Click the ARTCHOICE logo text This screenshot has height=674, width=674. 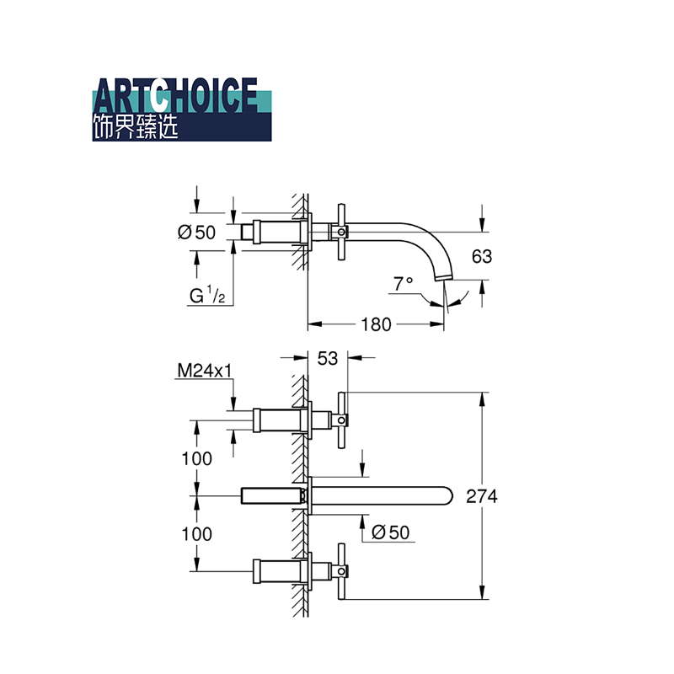pyautogui.click(x=175, y=95)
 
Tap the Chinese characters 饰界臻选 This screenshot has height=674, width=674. pyautogui.click(x=136, y=127)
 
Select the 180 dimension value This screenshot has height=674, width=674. pyautogui.click(x=376, y=324)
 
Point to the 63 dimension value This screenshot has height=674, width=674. pyautogui.click(x=481, y=257)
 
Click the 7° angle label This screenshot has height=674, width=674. pyautogui.click(x=403, y=284)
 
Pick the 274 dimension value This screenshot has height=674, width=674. pyautogui.click(x=482, y=496)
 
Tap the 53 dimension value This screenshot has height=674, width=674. pyautogui.click(x=328, y=359)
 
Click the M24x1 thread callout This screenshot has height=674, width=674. pyautogui.click(x=205, y=370)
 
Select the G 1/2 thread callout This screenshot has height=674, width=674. pyautogui.click(x=207, y=296)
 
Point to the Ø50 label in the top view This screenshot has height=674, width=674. pyautogui.click(x=196, y=233)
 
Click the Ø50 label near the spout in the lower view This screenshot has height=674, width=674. pyautogui.click(x=390, y=532)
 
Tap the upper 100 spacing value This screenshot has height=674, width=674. pyautogui.click(x=196, y=458)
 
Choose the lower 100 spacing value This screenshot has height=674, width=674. pyautogui.click(x=196, y=534)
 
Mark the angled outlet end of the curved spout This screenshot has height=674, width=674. pyautogui.click(x=444, y=277)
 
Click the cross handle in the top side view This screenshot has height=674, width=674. pyautogui.click(x=341, y=233)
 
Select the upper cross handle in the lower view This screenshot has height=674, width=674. pyautogui.click(x=342, y=420)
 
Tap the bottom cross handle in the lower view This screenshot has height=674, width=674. pyautogui.click(x=342, y=571)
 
